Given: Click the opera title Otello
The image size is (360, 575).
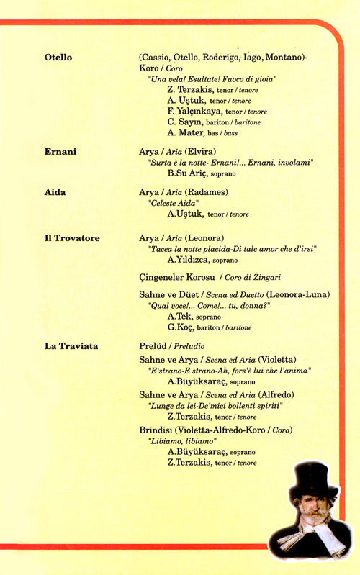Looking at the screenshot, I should coord(58,57).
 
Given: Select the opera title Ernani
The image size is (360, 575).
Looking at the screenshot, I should coord(60,153).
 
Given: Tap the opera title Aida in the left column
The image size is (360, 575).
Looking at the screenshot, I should coord(55,193).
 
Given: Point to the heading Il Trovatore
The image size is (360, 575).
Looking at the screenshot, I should coord(72,238).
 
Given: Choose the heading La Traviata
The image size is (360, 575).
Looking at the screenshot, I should coord(71,347).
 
